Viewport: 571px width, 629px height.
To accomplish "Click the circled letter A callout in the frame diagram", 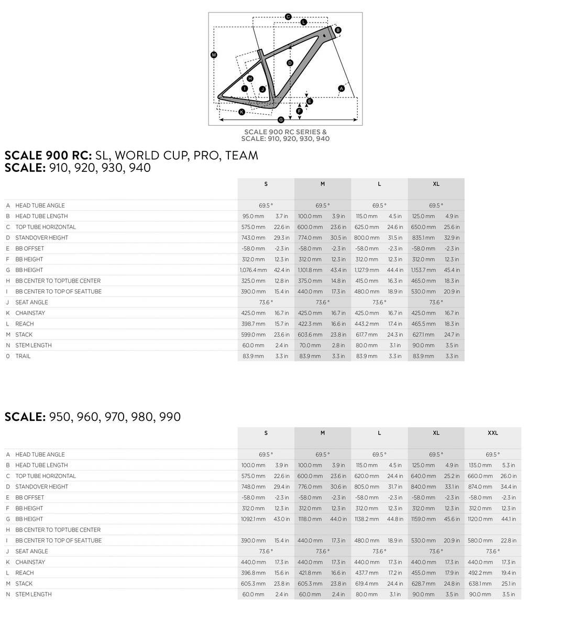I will (x=341, y=89).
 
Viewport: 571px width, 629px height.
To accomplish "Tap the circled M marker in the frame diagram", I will (x=213, y=55).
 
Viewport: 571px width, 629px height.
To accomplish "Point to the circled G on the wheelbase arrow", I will (x=281, y=120).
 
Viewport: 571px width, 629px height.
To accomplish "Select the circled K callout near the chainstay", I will (x=241, y=112).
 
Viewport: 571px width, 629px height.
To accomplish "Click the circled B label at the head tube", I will (x=338, y=30).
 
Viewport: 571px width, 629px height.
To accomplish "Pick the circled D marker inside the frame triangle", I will (x=290, y=63).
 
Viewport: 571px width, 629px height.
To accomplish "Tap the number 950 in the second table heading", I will (x=60, y=417).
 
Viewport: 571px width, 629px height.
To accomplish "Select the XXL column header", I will (x=492, y=433).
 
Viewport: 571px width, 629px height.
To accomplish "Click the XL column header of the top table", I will (x=436, y=184).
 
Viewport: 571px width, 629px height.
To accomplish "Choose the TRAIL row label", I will (x=23, y=356).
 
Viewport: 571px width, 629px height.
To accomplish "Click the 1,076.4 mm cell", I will (x=253, y=270).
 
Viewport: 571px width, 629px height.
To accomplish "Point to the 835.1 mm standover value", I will (x=423, y=237).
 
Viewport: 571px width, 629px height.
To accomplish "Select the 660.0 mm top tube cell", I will (x=480, y=476).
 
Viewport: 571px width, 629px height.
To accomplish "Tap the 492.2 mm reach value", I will (x=480, y=573).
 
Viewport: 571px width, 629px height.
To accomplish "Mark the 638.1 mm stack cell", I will (x=480, y=583).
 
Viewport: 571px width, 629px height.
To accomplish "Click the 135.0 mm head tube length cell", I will (x=480, y=465).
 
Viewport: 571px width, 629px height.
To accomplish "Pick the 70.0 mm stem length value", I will (x=310, y=345).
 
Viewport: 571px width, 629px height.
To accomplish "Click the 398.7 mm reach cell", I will (x=253, y=324).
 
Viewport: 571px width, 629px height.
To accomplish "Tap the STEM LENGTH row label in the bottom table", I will (x=34, y=594).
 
